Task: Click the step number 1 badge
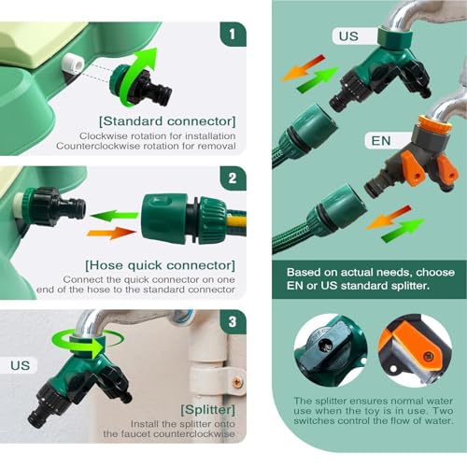[233, 35]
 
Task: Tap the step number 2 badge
[233, 178]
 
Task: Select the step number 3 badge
[233, 322]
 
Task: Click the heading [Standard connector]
[167, 121]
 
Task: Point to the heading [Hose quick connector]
[161, 265]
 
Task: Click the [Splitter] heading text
[207, 410]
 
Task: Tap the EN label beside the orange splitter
[381, 141]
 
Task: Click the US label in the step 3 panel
[20, 365]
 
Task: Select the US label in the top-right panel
[348, 36]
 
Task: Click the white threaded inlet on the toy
[72, 64]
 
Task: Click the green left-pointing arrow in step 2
[115, 216]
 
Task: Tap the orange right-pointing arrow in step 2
[111, 233]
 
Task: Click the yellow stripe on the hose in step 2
[236, 221]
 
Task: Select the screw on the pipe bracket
[238, 381]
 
